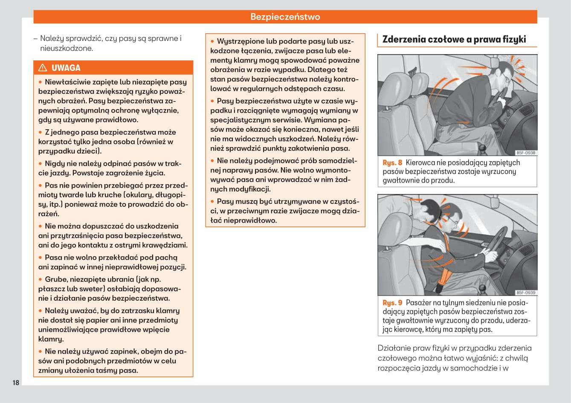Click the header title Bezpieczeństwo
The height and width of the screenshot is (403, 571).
(x=285, y=17)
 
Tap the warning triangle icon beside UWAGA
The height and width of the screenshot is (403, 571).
(x=43, y=68)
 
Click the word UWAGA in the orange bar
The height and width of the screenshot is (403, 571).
(x=66, y=68)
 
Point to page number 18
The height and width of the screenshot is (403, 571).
(x=16, y=383)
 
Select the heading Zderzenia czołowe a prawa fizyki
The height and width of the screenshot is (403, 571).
(x=454, y=39)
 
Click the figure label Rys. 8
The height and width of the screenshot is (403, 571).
(x=392, y=162)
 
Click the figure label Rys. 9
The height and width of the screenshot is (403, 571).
(x=392, y=303)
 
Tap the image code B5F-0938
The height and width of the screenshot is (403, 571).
(x=525, y=153)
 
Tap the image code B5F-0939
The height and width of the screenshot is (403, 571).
(x=525, y=293)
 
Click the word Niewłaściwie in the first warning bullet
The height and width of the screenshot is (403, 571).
(x=65, y=82)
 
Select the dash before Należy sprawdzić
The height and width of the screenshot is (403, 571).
(x=36, y=38)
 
